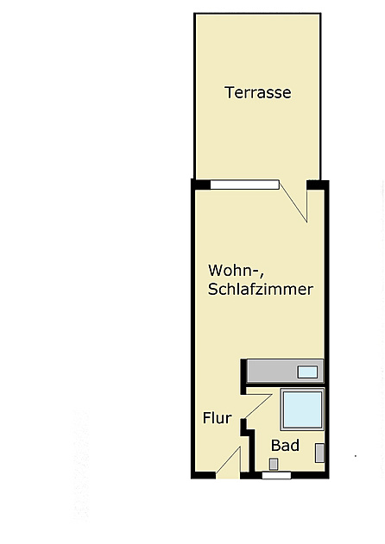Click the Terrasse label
(257, 92)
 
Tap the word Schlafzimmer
(260, 290)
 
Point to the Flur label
(217, 418)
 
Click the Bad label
(285, 446)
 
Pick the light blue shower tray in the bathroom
(302, 409)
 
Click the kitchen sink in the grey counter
(307, 372)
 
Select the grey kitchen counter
(272, 371)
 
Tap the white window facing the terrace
(244, 184)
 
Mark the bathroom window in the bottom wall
(276, 474)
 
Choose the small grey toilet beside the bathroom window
(274, 464)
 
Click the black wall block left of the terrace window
(200, 184)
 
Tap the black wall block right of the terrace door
(318, 184)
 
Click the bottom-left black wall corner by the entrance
(203, 474)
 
